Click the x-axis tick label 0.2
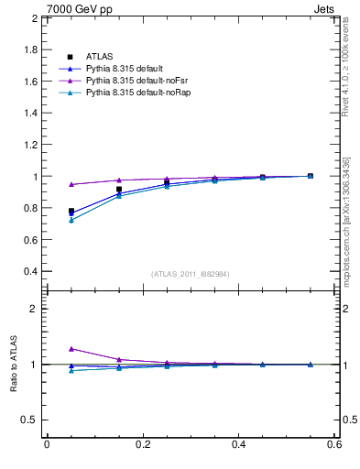142,446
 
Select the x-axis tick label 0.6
333,446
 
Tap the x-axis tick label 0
47,446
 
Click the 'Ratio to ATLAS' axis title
16,365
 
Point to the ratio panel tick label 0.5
30,420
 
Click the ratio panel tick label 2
35,309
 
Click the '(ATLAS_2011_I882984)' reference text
191,274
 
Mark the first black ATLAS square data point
71,211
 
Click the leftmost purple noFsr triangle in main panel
71,184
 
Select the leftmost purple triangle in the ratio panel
71,349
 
